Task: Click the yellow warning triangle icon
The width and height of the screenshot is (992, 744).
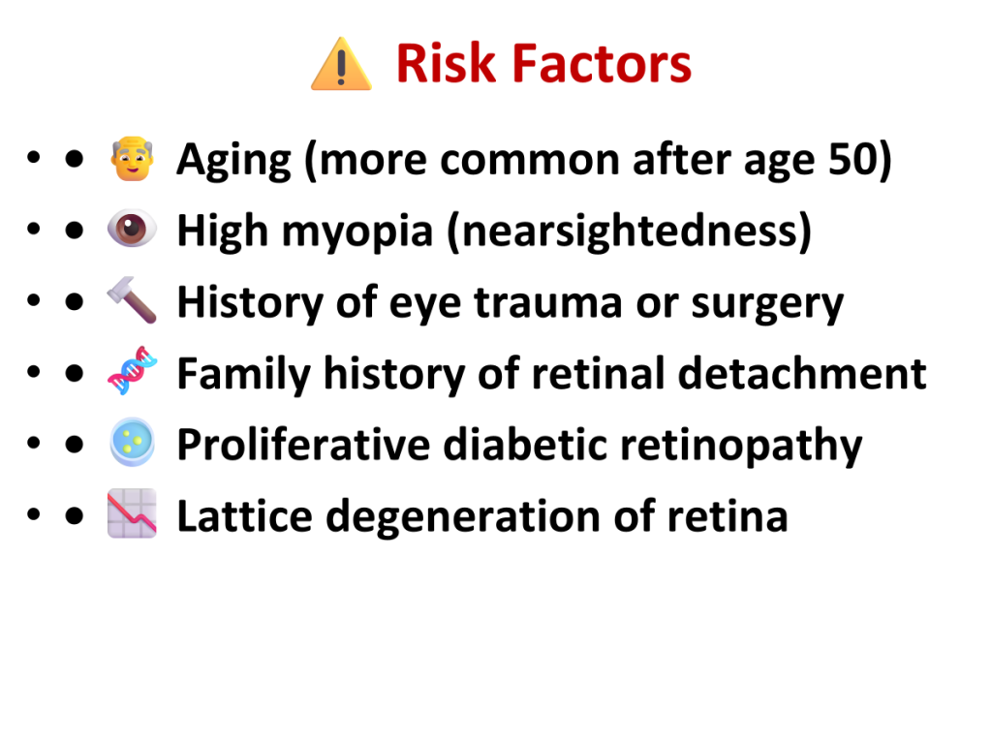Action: [x=341, y=64]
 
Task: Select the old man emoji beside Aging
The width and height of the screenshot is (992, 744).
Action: [x=132, y=159]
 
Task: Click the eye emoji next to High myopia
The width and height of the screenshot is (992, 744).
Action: [x=132, y=228]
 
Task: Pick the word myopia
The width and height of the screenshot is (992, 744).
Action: [x=357, y=232]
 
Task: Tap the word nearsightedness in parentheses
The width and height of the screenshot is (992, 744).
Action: [x=630, y=231]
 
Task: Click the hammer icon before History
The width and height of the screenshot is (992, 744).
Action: [x=132, y=300]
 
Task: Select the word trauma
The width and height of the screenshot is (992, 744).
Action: [x=548, y=302]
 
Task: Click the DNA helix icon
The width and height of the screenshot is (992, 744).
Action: [x=132, y=371]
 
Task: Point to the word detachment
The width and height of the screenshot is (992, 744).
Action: [x=802, y=373]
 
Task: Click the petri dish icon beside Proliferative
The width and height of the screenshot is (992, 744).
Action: [x=132, y=442]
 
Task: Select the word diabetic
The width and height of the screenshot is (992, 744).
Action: [x=524, y=444]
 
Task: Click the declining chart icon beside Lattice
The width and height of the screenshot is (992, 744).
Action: [x=132, y=513]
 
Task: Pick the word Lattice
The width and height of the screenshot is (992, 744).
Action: [x=245, y=515]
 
